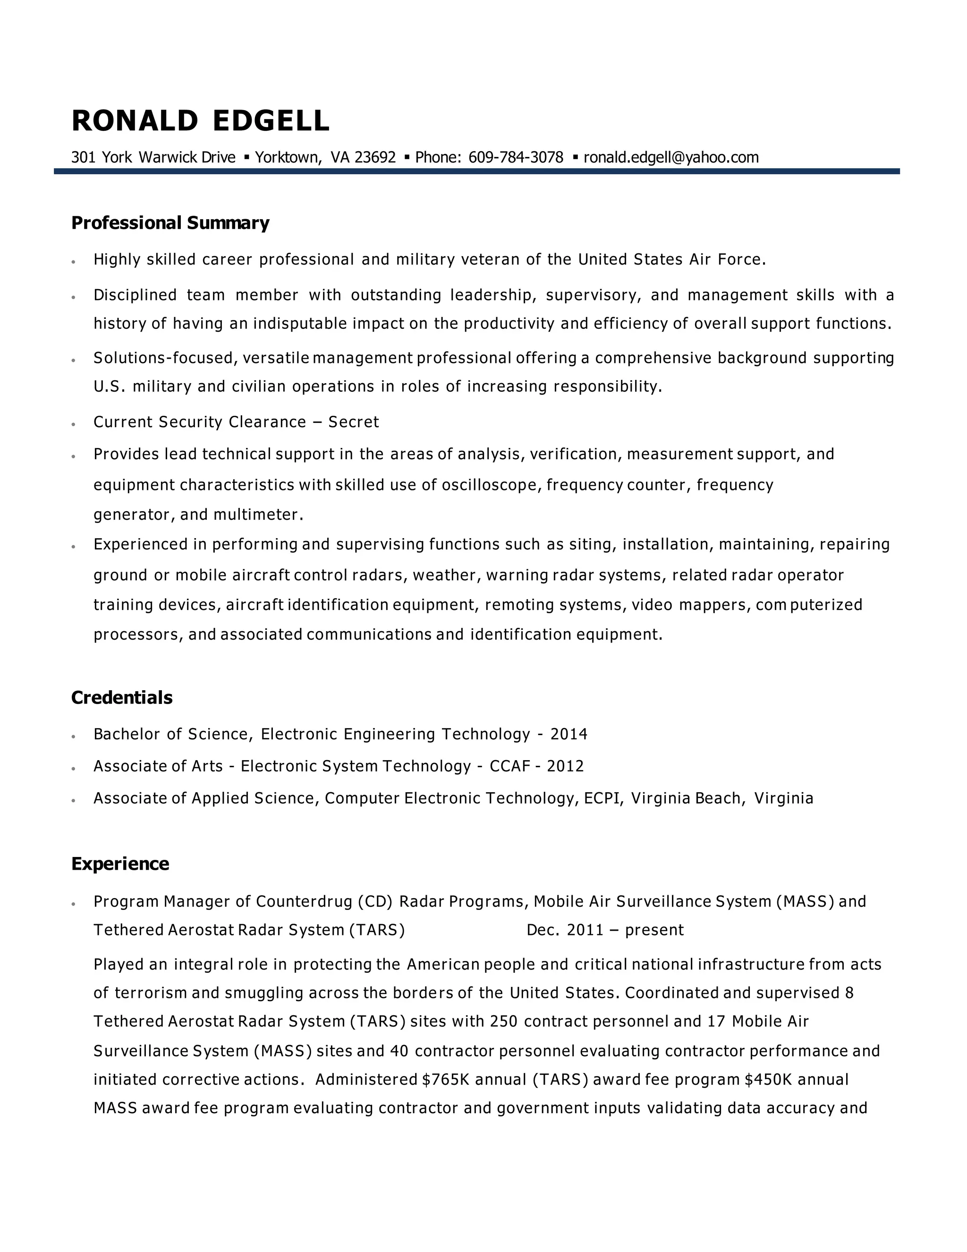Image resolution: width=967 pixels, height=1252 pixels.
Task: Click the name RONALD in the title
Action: coord(135,121)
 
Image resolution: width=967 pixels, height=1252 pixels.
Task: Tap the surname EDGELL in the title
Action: coord(271,121)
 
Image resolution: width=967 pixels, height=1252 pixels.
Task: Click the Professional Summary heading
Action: coord(170,223)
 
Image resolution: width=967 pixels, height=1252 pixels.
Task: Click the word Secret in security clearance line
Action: coord(354,422)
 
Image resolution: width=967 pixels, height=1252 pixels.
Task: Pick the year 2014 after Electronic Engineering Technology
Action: coord(569,734)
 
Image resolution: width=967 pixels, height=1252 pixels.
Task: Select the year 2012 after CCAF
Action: coord(565,766)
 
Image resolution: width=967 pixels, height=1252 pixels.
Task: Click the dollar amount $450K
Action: coord(768,1080)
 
